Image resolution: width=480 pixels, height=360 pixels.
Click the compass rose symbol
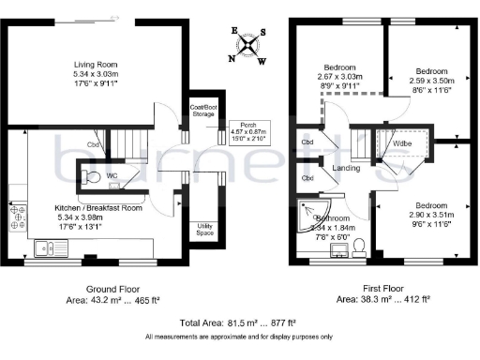click(247, 44)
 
